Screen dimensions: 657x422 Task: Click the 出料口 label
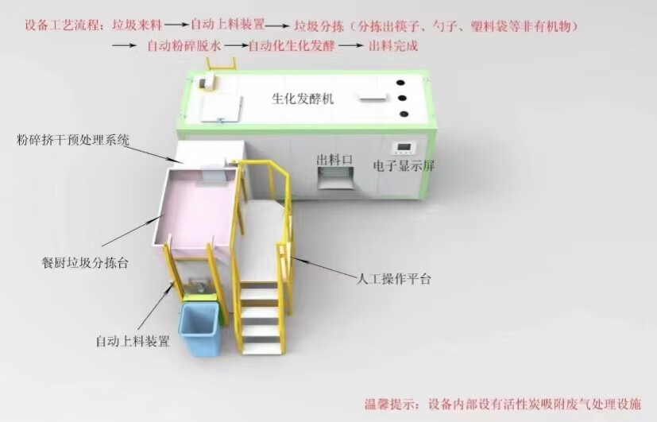point(334,159)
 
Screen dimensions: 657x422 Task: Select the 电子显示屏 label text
point(404,167)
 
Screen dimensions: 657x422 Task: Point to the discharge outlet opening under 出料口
point(334,181)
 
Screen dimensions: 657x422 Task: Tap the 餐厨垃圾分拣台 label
point(84,261)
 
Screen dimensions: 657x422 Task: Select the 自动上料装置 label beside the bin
point(133,342)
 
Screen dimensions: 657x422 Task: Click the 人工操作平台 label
point(393,279)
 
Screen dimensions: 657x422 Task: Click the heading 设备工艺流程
point(60,26)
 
